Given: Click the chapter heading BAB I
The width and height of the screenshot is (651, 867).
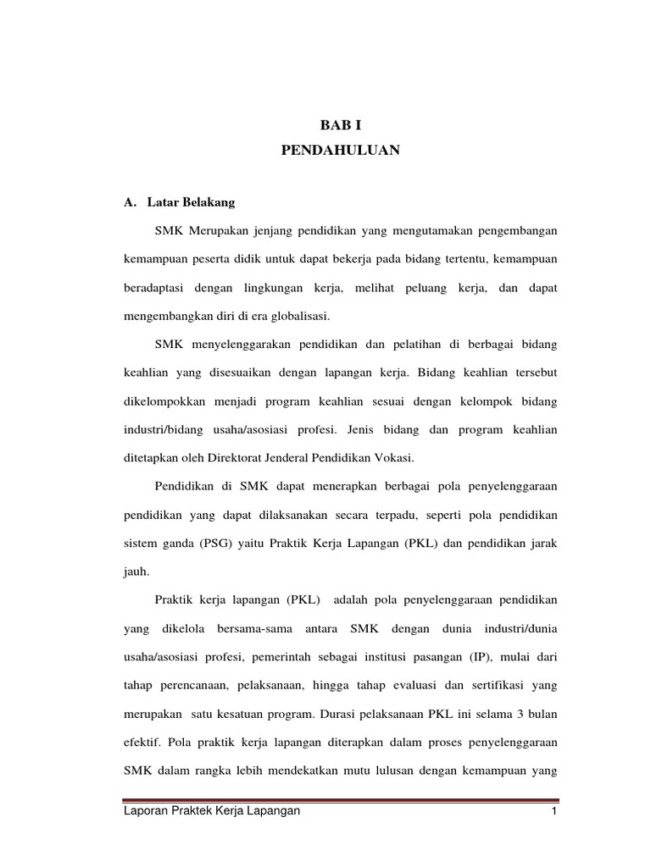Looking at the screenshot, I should pyautogui.click(x=340, y=124).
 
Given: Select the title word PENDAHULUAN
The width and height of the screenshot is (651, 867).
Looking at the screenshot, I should pyautogui.click(x=340, y=152).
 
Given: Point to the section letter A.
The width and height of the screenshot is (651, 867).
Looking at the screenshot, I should pyautogui.click(x=130, y=203).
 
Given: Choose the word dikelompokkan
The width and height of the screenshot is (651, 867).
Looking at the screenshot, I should pyautogui.click(x=168, y=401).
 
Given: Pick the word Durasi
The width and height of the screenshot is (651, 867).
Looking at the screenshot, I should pyautogui.click(x=344, y=714).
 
